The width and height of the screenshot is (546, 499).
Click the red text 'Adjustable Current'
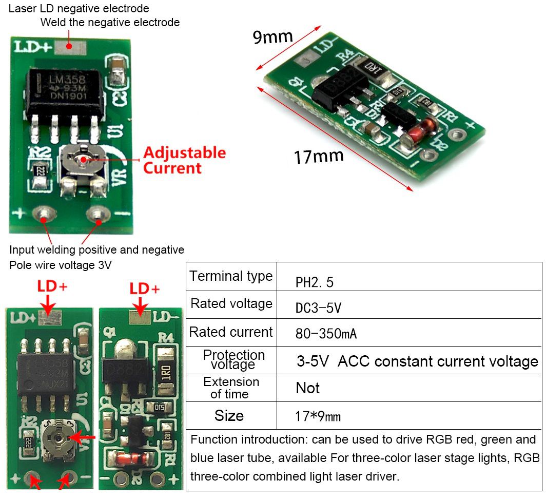pos(184,160)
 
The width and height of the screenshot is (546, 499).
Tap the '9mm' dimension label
pos(273,37)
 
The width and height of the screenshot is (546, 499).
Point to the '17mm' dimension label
pos(319,156)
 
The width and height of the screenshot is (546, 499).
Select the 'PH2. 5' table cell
pos(315,282)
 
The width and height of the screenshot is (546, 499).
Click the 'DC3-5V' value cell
pos(318,308)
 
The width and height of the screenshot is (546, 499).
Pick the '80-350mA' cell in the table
pos(326,334)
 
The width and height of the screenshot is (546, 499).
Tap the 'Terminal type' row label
pos(231,276)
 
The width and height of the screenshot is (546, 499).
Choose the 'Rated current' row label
pos(231,332)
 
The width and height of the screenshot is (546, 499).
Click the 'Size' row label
pos(229,415)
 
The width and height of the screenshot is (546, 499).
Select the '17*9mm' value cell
pos(318,416)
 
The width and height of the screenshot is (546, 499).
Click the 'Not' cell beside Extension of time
pos(307,388)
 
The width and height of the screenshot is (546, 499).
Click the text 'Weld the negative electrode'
pos(110,22)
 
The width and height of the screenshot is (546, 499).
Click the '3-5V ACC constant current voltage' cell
pos(417,361)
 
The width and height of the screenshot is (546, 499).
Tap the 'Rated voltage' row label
pos(231,303)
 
